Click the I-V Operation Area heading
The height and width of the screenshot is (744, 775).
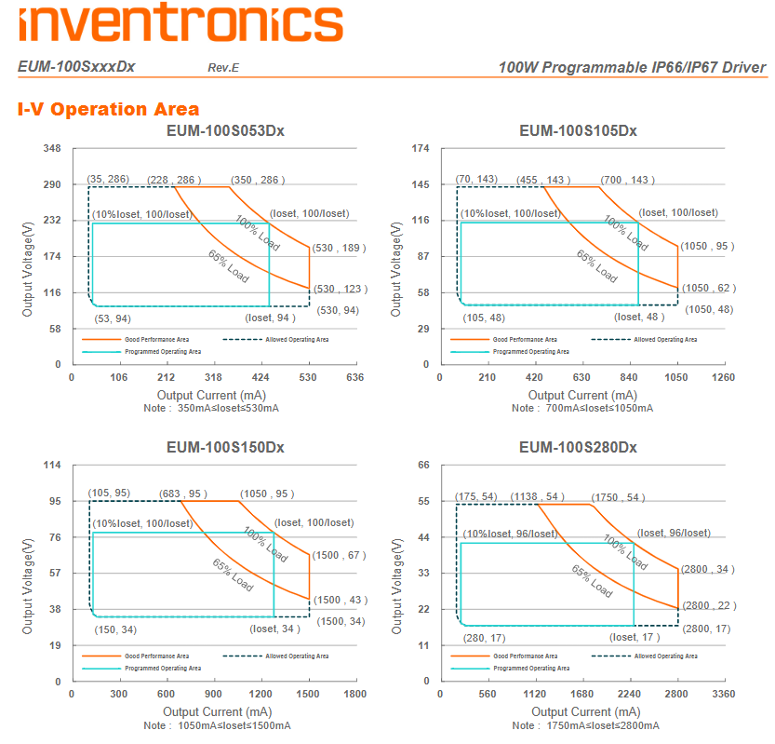point(108,109)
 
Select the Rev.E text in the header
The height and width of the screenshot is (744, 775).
point(223,68)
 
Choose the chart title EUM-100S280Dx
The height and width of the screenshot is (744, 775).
point(578,447)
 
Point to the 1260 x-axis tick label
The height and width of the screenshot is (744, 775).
point(724,377)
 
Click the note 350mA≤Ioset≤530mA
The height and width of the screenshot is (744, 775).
point(212,408)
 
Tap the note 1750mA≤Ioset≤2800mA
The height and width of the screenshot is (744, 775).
point(588,724)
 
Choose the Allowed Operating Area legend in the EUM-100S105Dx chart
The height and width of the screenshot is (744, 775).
point(665,340)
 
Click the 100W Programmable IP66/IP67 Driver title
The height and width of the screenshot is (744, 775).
point(632,68)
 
